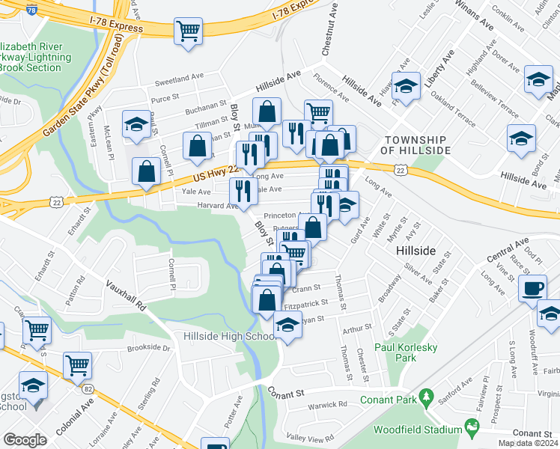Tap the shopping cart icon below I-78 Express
click(188, 31)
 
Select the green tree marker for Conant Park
click(427, 395)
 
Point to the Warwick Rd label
click(328, 405)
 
